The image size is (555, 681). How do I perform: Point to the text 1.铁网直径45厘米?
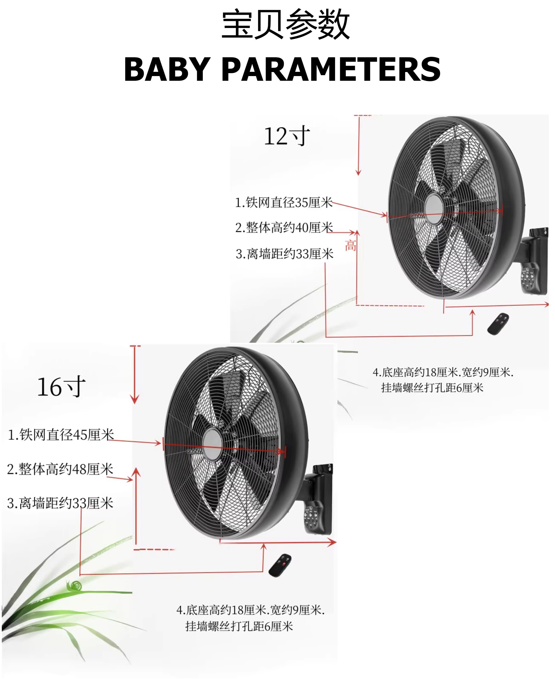coord(61,435)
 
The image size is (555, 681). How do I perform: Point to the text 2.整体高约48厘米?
coord(60,469)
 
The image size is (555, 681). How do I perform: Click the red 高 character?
coord(350,246)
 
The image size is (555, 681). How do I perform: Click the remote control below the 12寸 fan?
coord(498,324)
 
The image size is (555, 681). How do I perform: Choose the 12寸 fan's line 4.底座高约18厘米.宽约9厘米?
coord(443,372)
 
